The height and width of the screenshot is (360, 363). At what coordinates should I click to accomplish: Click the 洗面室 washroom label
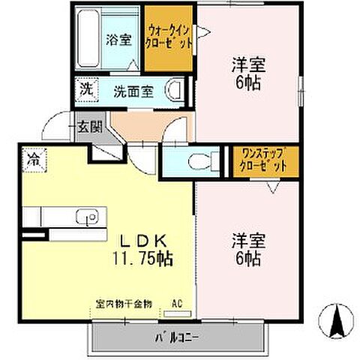[133, 91]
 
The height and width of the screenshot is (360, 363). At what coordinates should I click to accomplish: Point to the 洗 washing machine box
[86, 88]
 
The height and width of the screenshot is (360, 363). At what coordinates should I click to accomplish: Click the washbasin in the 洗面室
[175, 91]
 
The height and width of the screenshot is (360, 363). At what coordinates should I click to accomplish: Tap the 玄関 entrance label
[83, 127]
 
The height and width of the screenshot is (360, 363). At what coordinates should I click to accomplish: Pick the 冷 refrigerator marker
[33, 159]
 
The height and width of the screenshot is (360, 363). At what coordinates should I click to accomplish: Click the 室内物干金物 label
[124, 304]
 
